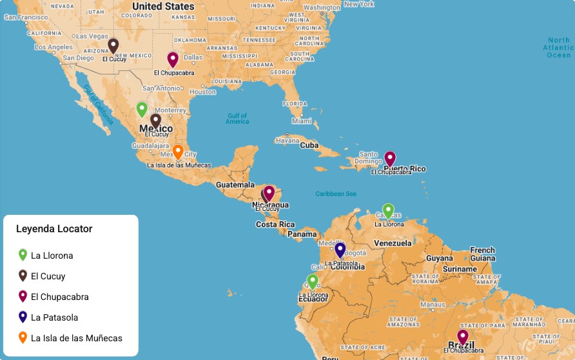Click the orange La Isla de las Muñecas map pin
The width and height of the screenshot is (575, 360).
pyautogui.click(x=178, y=152)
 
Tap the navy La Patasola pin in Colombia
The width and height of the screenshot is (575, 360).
pyautogui.click(x=340, y=250)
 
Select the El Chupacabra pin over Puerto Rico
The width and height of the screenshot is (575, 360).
pyautogui.click(x=390, y=159)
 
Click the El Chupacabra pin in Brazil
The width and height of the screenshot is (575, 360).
pyautogui.click(x=463, y=337)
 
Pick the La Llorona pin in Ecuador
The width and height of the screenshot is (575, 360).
pyautogui.click(x=313, y=281)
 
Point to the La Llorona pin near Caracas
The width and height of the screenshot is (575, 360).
pyautogui.click(x=388, y=211)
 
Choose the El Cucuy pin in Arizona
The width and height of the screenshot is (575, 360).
pyautogui.click(x=113, y=46)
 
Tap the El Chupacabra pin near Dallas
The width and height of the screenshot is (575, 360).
pyautogui.click(x=173, y=59)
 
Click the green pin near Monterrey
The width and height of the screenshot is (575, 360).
pyautogui.click(x=142, y=109)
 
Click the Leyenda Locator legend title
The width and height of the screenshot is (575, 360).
pyautogui.click(x=54, y=229)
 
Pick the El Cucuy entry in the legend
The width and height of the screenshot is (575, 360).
pyautogui.click(x=48, y=276)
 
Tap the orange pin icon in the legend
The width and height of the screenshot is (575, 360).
pyautogui.click(x=23, y=337)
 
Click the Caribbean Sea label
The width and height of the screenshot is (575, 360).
pyautogui.click(x=336, y=194)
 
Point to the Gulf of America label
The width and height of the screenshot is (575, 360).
pyautogui.click(x=237, y=119)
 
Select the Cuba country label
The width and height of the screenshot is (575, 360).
pyautogui.click(x=309, y=145)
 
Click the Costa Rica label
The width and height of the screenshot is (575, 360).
pyautogui.click(x=275, y=225)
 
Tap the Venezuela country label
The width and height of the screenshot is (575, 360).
pyautogui.click(x=393, y=243)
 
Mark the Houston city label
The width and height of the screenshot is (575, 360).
pyautogui.click(x=202, y=92)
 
